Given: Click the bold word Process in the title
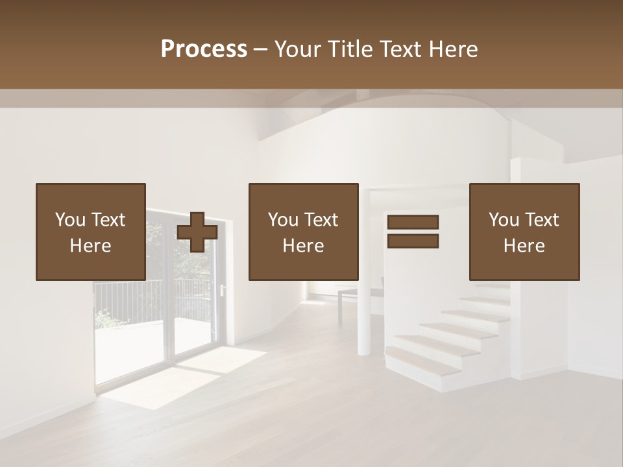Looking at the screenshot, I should (x=204, y=49).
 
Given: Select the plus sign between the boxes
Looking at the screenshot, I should (x=197, y=232).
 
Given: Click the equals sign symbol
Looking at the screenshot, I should (x=413, y=232).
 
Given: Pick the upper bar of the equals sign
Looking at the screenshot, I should (x=413, y=222).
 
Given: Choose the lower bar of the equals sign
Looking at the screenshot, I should (x=413, y=241).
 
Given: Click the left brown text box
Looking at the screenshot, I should (x=91, y=195).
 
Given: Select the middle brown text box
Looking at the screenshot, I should (x=303, y=195).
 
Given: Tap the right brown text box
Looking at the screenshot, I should (x=524, y=195).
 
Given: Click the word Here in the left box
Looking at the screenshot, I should (x=91, y=246).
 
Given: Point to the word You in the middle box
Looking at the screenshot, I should (x=283, y=220).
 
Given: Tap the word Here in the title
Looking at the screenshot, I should (x=452, y=49).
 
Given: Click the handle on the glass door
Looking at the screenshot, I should (x=222, y=290).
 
